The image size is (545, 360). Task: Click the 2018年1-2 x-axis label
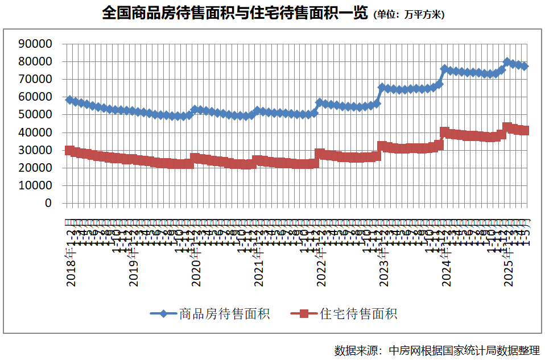71,256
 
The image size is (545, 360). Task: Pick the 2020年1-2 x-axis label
196,256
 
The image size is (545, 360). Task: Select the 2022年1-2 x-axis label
321,256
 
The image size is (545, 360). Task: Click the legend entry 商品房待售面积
224,313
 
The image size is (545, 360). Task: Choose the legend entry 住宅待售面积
358,313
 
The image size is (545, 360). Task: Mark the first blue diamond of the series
69,100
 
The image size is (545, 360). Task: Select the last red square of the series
525,130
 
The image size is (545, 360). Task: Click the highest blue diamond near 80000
507,61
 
